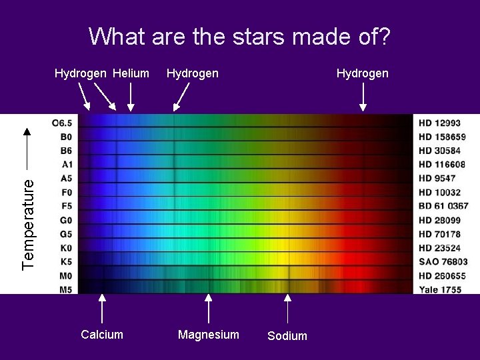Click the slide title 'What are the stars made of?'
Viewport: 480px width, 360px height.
(x=239, y=37)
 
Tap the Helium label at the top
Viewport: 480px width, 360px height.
(x=131, y=73)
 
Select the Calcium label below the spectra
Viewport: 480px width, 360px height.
(x=102, y=335)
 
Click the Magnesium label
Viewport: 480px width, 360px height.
(x=208, y=335)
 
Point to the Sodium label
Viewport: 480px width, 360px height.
(x=287, y=336)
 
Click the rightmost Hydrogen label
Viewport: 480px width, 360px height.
(x=362, y=73)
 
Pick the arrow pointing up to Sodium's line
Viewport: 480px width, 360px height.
(x=287, y=309)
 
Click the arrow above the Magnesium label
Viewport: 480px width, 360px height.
(x=209, y=309)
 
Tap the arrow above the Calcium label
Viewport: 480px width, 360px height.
(x=102, y=309)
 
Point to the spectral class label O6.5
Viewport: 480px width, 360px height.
(x=65, y=123)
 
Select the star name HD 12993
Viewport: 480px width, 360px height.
(x=439, y=123)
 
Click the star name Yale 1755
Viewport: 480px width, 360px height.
(x=440, y=289)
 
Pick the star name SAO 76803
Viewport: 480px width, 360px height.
(x=443, y=262)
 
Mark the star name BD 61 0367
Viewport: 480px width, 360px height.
(x=443, y=206)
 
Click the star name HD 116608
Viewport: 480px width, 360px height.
(x=442, y=164)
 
